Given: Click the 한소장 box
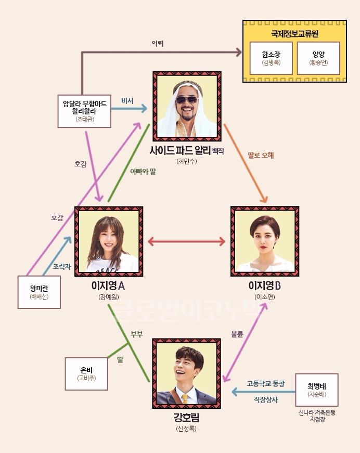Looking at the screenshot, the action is coord(271,58).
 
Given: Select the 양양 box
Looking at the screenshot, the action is coord(318,58).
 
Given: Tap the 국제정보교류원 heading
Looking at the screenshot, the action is coord(294,33).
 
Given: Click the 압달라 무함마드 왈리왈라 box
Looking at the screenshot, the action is coord(84,111).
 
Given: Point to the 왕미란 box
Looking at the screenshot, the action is coord(39,292).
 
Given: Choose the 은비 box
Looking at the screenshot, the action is coord(86,374).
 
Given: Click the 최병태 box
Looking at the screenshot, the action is coord(317,390).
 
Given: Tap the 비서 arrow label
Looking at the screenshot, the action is coord(127,101).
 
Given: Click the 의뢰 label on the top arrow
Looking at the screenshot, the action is coord(158,44).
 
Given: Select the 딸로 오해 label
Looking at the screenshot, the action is coord(261,156).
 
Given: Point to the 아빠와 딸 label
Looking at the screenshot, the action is coord(143,172).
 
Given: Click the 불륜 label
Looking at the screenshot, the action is coord(237,334).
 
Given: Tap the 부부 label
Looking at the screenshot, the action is coord(137,334).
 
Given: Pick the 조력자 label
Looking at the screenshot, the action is coord(62,267).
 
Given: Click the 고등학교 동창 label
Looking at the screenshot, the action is coord(265,384).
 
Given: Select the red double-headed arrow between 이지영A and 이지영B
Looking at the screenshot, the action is coord(186,241).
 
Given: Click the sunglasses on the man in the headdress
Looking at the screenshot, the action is coord(187,100).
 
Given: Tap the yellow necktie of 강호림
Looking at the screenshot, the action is coord(185,399).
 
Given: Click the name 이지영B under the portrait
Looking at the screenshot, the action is coord(265,286).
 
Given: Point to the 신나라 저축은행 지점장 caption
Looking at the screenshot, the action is coord(317,416).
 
